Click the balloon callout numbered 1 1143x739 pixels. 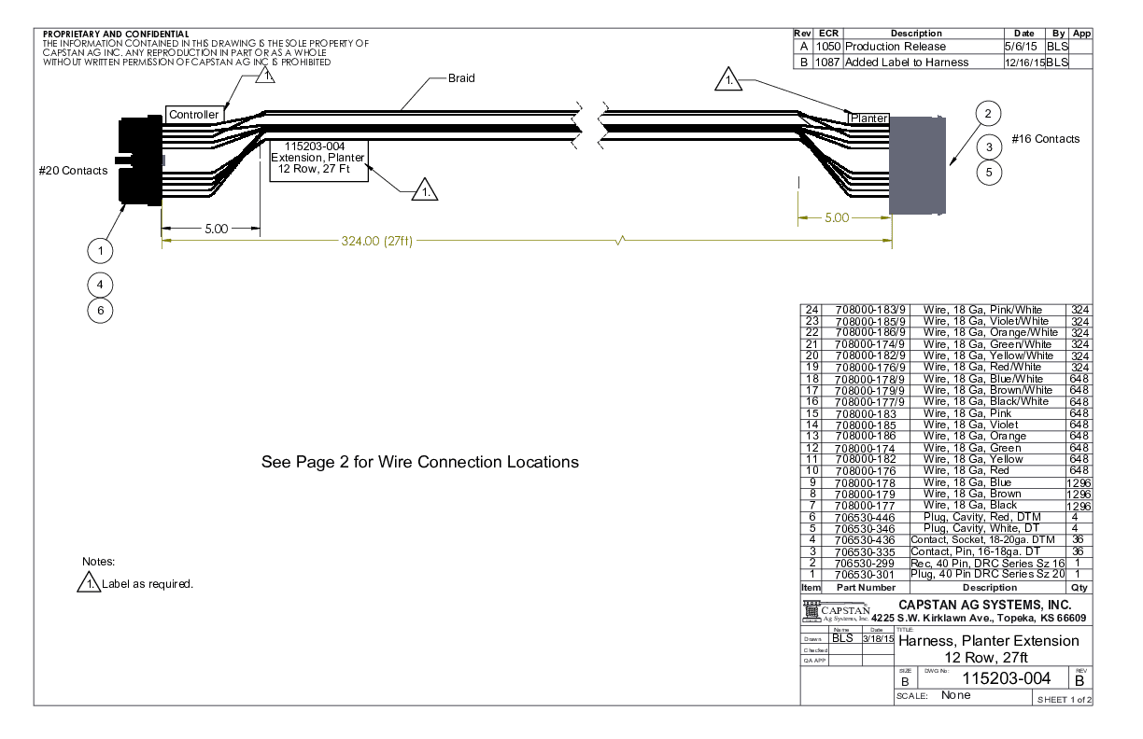tap(100, 250)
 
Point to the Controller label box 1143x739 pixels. tap(193, 115)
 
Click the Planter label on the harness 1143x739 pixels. tap(868, 119)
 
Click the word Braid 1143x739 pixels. tap(461, 78)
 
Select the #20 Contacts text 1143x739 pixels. tap(73, 171)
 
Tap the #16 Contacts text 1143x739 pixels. tap(1045, 139)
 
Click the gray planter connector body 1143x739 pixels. tap(917, 164)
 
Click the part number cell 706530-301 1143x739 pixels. tap(865, 575)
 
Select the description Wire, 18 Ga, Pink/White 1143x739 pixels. tap(983, 310)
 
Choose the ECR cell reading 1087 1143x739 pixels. tap(827, 63)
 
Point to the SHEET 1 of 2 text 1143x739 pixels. tap(1064, 699)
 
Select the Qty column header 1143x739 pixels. tap(1080, 588)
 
